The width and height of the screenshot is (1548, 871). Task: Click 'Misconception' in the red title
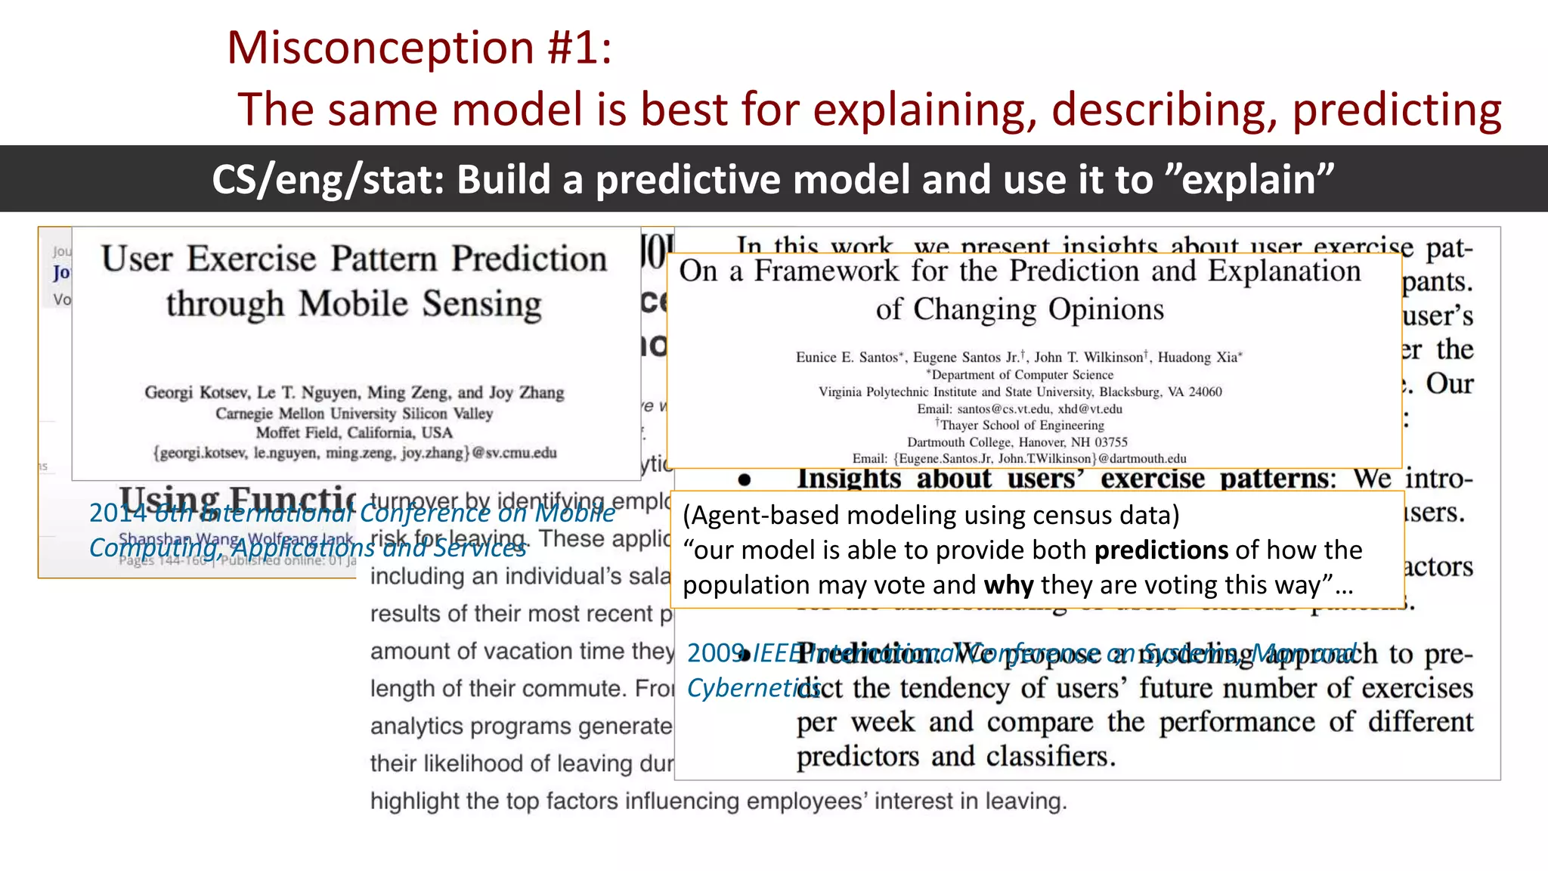tap(381, 48)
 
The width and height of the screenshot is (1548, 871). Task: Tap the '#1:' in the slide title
tap(579, 48)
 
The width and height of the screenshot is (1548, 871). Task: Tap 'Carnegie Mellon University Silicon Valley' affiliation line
tap(354, 414)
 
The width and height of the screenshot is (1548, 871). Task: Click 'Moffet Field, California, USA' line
tap(354, 433)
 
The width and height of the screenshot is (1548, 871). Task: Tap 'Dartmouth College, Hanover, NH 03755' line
tap(1017, 442)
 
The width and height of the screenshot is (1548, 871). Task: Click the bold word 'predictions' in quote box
tap(1161, 550)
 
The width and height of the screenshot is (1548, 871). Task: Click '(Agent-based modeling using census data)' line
tap(930, 516)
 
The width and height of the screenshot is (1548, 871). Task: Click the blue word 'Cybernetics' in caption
tap(752, 688)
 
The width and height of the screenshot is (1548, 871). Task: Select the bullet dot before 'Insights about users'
tap(745, 480)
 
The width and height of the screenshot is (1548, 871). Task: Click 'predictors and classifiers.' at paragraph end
tap(955, 757)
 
